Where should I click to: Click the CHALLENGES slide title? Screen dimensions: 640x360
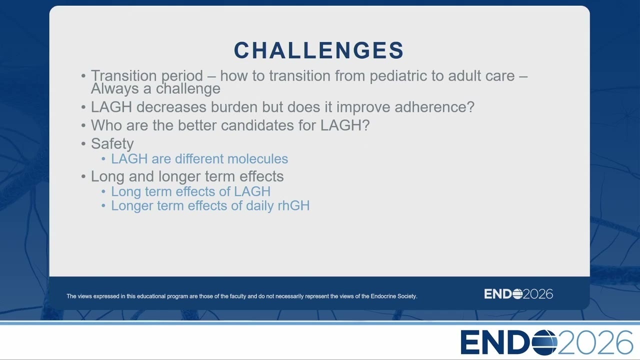point(319,50)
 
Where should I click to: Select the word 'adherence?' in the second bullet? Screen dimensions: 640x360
point(434,107)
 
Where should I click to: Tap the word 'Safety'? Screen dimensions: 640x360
point(112,144)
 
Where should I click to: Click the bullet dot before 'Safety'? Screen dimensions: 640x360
point(83,143)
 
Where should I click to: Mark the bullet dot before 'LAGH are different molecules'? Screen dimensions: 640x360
point(103,159)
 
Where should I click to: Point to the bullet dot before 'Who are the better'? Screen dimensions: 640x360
point(83,125)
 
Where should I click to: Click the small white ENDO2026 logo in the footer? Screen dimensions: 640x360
point(518,294)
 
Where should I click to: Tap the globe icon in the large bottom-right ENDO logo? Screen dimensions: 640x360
point(544,342)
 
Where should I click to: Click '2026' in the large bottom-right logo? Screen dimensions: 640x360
point(595,342)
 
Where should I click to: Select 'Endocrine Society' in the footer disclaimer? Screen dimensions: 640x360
point(393,296)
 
